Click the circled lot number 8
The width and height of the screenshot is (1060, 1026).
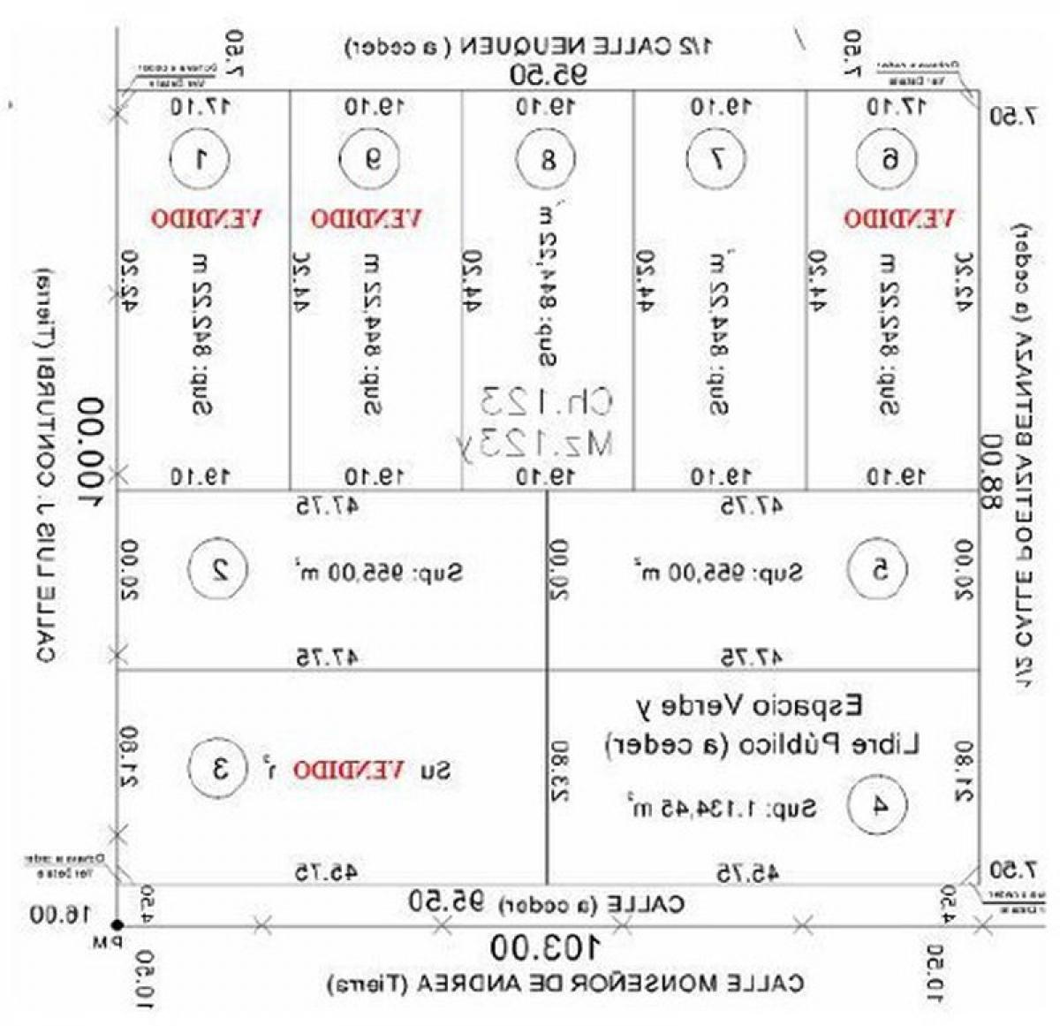pos(547,160)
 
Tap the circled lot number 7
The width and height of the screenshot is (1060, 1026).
pos(717,159)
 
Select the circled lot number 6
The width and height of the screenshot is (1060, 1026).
pos(888,159)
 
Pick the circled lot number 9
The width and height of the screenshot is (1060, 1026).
pos(373,159)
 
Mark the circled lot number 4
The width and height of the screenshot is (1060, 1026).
pos(878,805)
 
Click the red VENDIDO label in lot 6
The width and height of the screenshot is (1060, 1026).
pos(898,217)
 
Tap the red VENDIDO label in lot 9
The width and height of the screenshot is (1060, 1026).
pos(367,217)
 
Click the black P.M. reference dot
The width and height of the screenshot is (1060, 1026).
pos(117,924)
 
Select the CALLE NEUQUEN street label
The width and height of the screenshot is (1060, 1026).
pos(530,46)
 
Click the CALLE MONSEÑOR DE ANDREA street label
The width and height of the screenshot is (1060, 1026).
pos(565,983)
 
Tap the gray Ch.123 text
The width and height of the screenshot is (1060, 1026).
pos(546,401)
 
